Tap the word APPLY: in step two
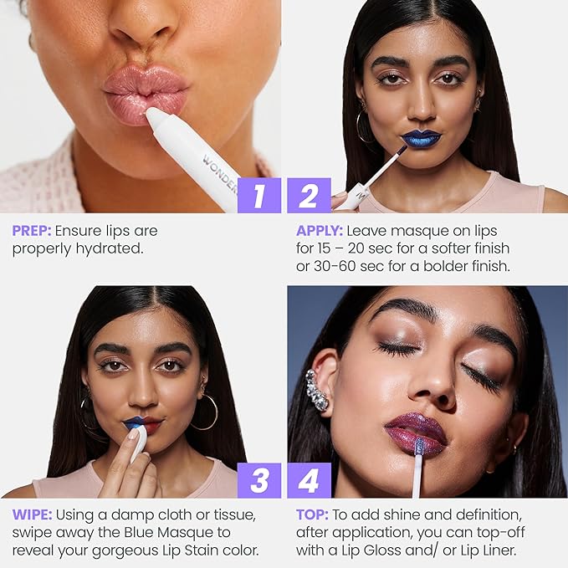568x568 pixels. click(319, 231)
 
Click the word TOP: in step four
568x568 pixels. click(311, 515)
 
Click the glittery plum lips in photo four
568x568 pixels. click(415, 431)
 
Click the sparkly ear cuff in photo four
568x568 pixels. click(317, 390)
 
